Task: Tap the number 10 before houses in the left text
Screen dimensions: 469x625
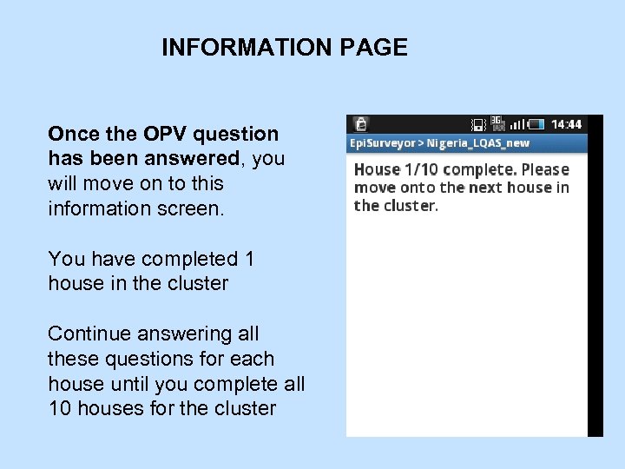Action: (x=60, y=408)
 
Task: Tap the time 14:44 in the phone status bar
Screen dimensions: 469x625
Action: (x=567, y=124)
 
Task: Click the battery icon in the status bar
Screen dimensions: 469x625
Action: (x=537, y=124)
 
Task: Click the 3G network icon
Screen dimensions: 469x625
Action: (x=497, y=122)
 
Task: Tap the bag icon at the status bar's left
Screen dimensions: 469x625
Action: (x=359, y=124)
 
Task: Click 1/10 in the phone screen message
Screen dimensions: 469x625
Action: (x=424, y=170)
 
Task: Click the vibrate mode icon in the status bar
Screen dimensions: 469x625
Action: (x=477, y=125)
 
